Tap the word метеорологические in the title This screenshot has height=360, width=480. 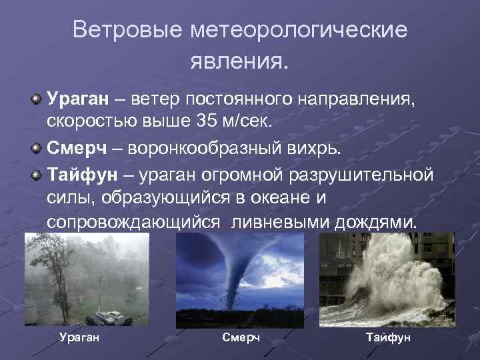point(298,31)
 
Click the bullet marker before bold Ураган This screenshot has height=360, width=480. point(36,99)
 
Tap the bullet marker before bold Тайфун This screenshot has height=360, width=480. point(36,174)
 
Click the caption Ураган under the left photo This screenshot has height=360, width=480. point(79,337)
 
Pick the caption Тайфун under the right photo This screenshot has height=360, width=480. point(389,337)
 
